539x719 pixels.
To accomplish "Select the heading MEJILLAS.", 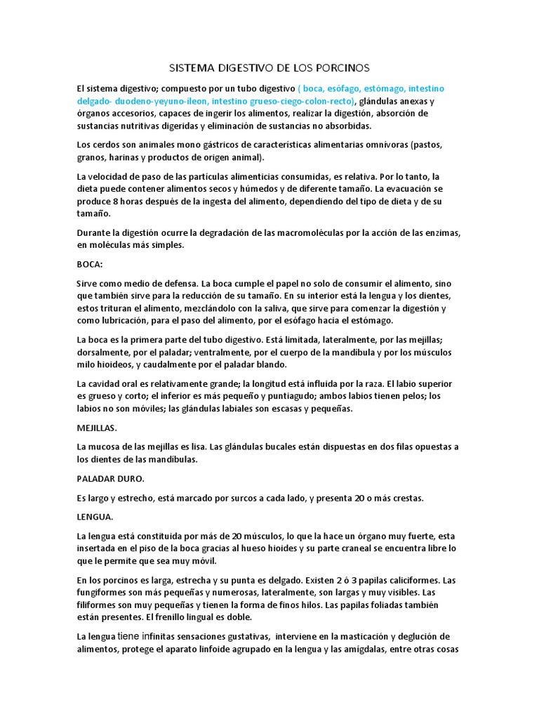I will point(97,427).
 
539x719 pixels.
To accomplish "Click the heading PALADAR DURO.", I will point(110,478).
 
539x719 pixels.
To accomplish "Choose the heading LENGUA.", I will point(95,517).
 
